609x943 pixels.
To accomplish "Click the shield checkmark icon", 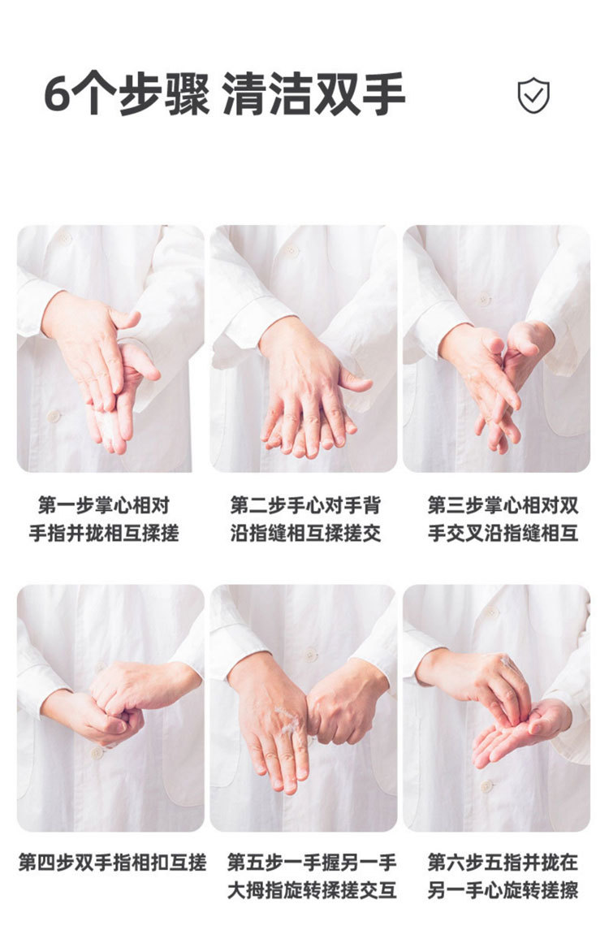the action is [533, 95].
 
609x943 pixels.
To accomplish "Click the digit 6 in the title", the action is [58, 94].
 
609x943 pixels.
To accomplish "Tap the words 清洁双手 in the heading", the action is [313, 94].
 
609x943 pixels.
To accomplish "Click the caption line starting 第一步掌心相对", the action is [104, 505].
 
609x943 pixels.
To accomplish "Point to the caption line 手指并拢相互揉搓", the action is [104, 533].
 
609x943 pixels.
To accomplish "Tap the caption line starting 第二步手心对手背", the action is [305, 505].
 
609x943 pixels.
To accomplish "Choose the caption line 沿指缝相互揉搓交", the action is [305, 533].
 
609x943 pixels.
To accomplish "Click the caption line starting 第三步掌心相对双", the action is [503, 505].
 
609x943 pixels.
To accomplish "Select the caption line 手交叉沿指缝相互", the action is [503, 533].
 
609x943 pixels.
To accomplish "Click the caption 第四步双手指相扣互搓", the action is [112, 863].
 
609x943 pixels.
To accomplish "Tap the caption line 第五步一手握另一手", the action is [312, 863].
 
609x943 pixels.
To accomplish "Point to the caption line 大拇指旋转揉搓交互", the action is [312, 890].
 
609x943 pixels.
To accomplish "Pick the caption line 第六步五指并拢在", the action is [503, 863].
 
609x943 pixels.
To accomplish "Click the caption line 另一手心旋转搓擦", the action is [503, 890].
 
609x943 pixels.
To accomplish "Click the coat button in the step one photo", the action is [54, 416].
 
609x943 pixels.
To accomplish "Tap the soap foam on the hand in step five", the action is [287, 719].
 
